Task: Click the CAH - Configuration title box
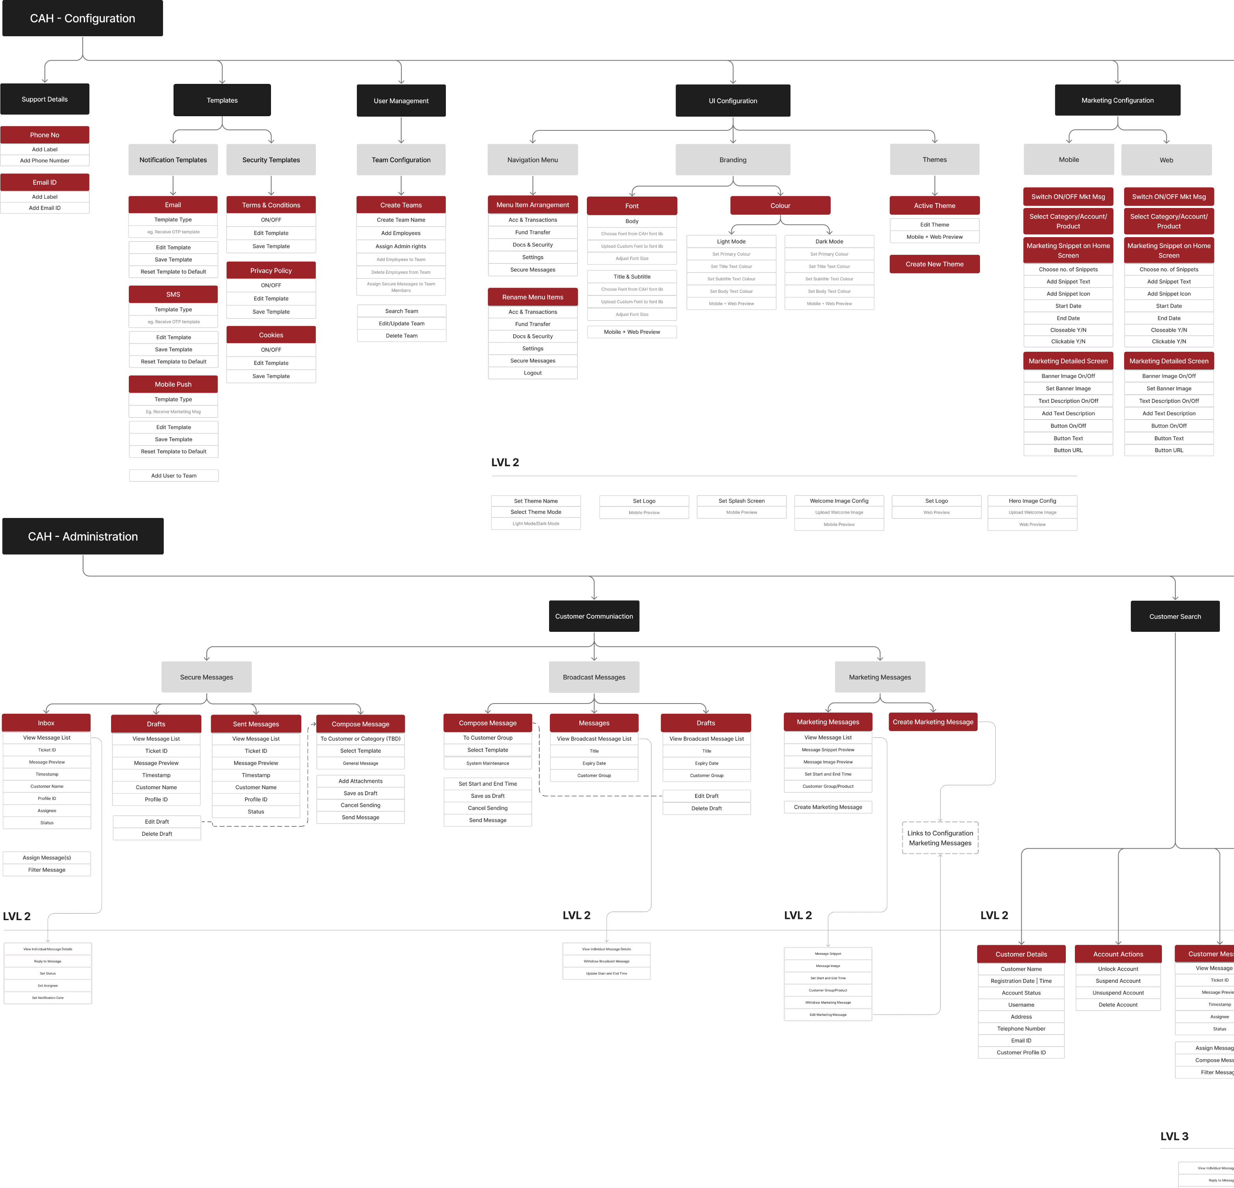[82, 18]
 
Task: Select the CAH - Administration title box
[82, 536]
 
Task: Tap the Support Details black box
[45, 100]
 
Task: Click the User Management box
[401, 101]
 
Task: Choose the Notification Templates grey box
[173, 160]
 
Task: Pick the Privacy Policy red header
[271, 271]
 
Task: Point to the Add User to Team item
[174, 476]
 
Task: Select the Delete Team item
[402, 336]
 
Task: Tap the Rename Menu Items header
[533, 297]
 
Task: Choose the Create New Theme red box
[934, 264]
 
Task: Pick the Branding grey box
[733, 160]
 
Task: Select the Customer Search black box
[1175, 617]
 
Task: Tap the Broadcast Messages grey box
[594, 678]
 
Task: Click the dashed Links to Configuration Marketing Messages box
[940, 838]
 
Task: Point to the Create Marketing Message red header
[932, 722]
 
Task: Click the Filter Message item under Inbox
[46, 870]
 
